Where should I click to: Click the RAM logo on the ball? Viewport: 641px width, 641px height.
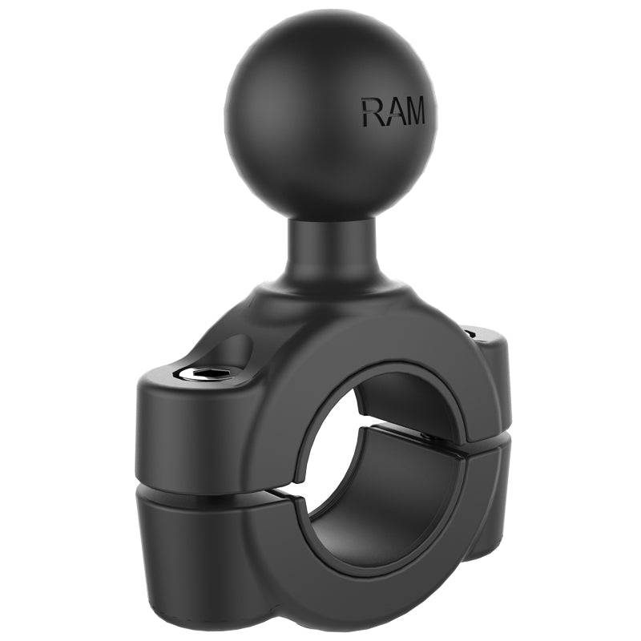point(393,111)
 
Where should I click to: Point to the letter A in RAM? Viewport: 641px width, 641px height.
point(392,112)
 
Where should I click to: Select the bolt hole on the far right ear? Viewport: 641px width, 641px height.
point(472,329)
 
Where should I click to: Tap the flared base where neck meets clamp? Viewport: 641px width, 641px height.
point(329,296)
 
